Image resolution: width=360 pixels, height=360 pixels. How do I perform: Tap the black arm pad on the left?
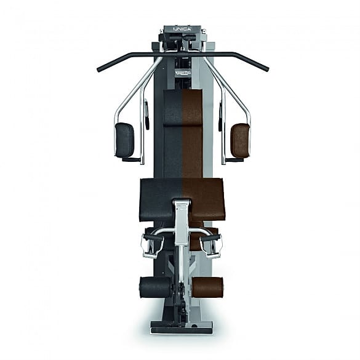pyautogui.click(x=124, y=140)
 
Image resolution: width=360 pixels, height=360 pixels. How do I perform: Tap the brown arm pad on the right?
pyautogui.click(x=240, y=140)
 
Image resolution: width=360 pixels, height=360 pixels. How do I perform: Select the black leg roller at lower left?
pyautogui.click(x=155, y=287)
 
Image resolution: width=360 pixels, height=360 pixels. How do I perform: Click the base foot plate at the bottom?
pyautogui.click(x=181, y=327)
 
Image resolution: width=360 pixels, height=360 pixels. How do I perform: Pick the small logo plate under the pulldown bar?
pyautogui.click(x=182, y=73)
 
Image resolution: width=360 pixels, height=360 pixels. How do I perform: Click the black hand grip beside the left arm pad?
pyautogui.click(x=146, y=115)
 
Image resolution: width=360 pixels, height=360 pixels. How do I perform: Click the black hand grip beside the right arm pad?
pyautogui.click(x=219, y=115)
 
